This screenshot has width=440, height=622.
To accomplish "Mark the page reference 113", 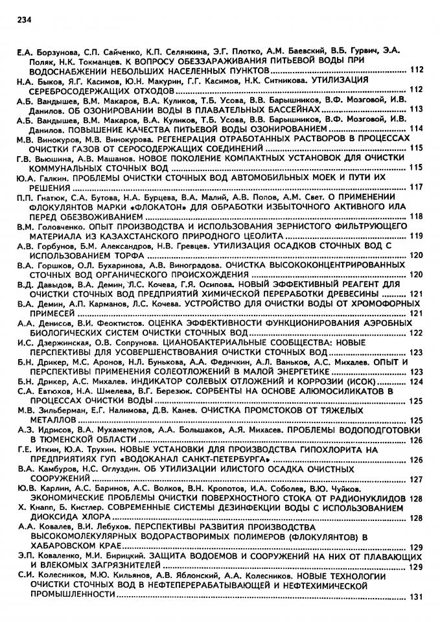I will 417,109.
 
